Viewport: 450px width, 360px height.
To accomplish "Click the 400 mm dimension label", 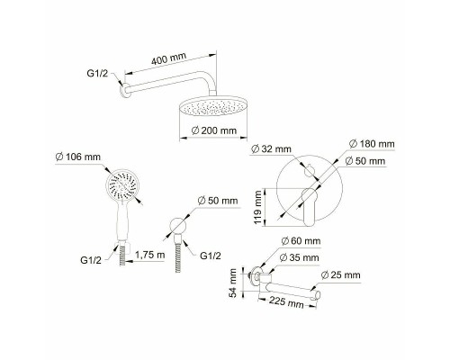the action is (168, 58).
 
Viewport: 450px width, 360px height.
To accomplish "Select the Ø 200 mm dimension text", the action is (214, 130).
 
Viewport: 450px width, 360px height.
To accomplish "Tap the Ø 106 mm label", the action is (78, 157).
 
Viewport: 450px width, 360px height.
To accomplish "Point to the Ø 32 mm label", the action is (271, 148).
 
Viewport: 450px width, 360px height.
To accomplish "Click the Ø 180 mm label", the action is (372, 144).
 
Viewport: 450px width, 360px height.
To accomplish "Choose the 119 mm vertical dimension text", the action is (258, 208).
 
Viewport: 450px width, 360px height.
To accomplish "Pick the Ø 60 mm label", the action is (301, 240).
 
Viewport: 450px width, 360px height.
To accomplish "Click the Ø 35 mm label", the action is (299, 257).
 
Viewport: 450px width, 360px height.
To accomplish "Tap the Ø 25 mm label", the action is (340, 274).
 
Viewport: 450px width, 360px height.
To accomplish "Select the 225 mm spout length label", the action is (286, 301).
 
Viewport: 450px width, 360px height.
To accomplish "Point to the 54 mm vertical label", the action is (233, 283).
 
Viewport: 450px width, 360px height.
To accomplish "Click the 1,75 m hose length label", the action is (149, 255).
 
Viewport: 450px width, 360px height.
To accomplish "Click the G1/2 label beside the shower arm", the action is (97, 73).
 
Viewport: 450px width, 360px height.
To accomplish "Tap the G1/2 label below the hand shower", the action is (91, 260).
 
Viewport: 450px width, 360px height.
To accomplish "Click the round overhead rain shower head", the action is (213, 105).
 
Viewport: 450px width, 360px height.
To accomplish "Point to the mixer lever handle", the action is (309, 206).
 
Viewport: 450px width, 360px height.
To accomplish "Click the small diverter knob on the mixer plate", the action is (309, 170).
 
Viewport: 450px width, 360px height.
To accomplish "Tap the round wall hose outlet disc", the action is (178, 226).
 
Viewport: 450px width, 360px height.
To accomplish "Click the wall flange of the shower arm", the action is (124, 90).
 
